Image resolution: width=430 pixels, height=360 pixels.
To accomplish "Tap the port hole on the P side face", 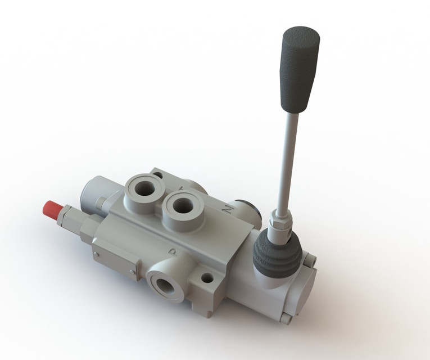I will [x=166, y=283].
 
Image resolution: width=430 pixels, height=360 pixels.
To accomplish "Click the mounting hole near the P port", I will [x=207, y=278].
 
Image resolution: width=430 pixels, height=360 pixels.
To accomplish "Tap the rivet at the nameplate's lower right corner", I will [x=133, y=273].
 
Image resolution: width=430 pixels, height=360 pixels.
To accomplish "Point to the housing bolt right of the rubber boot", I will [x=309, y=259].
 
